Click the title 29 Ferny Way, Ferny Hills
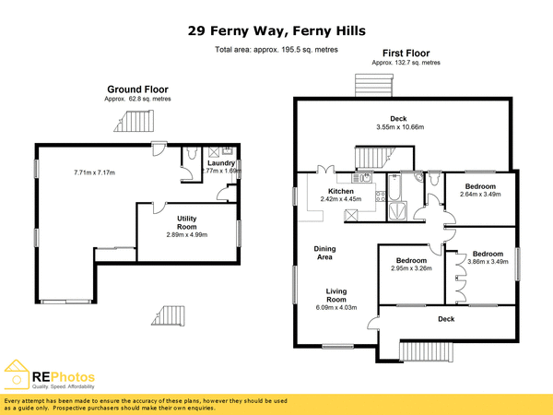point(276,30)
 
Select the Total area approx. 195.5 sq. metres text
point(276,50)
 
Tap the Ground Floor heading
point(137,89)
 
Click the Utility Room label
point(187,222)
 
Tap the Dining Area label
point(324,253)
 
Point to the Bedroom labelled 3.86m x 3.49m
point(488,258)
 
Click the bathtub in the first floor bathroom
point(395,192)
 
